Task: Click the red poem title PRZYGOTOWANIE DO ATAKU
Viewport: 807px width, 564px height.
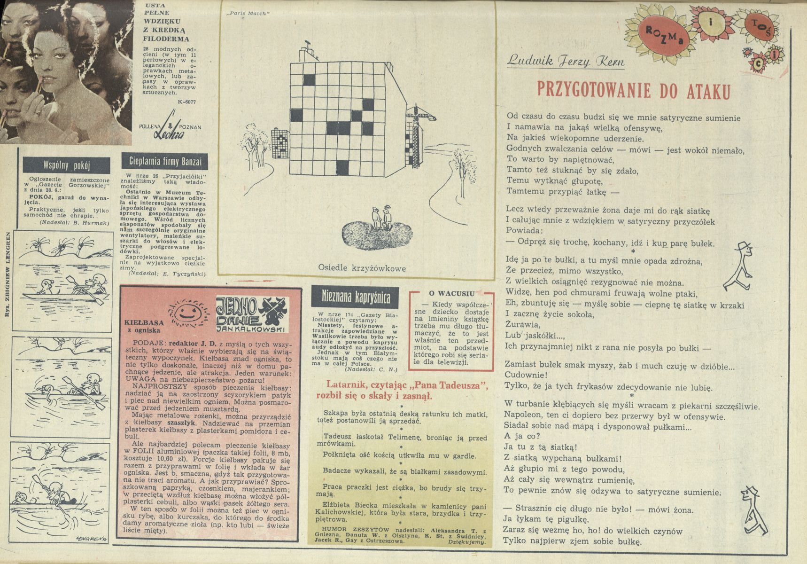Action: pyautogui.click(x=634, y=90)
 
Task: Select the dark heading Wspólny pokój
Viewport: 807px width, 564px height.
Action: pyautogui.click(x=66, y=165)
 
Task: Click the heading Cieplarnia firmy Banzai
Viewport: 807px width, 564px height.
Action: pyautogui.click(x=165, y=161)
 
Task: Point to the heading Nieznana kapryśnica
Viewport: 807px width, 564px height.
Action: pyautogui.click(x=356, y=297)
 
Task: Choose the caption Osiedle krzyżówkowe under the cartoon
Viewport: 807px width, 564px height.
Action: pyautogui.click(x=362, y=268)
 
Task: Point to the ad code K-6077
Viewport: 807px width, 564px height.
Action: pyautogui.click(x=187, y=102)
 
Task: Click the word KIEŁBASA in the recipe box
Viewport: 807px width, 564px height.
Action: pyautogui.click(x=144, y=323)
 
